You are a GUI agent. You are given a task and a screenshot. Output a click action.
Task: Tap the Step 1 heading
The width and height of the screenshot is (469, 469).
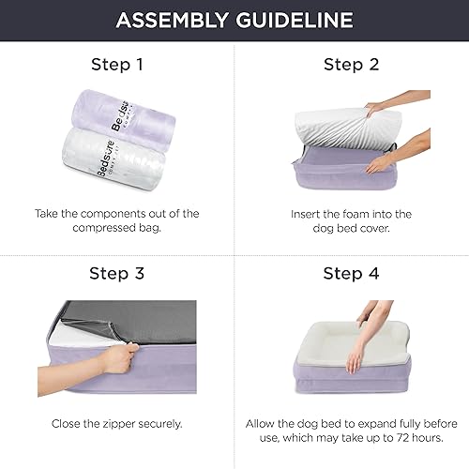117,65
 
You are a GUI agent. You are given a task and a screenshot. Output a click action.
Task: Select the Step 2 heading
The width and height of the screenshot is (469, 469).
351,65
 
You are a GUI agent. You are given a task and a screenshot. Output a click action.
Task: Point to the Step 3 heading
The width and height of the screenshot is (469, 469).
117,275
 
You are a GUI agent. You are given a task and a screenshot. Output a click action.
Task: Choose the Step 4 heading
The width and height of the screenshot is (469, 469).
351,275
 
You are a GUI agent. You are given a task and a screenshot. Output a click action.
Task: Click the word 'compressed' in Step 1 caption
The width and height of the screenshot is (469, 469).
102,228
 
